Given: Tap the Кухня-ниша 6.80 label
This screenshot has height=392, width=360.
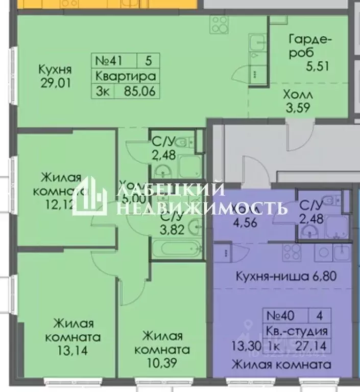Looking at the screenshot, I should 285,276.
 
